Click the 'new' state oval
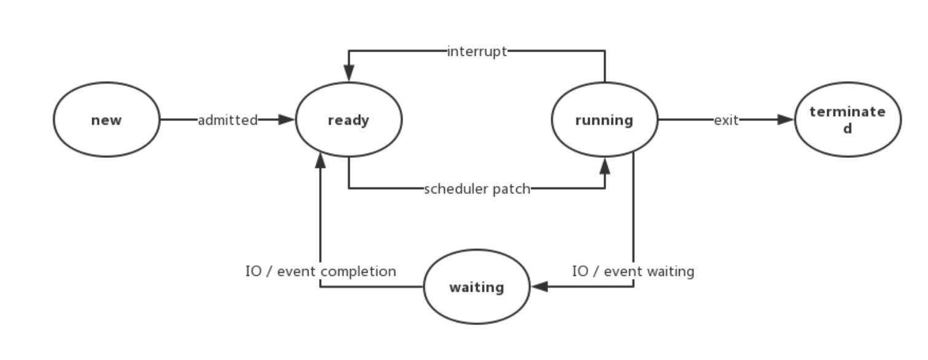click(106, 120)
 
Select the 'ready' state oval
click(348, 120)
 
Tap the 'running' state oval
click(604, 120)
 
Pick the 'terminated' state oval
click(847, 120)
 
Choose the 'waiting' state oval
click(476, 287)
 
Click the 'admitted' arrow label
click(227, 120)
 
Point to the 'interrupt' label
click(477, 52)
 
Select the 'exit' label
click(726, 120)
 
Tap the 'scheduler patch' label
click(476, 189)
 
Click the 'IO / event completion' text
click(320, 271)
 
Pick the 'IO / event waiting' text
click(633, 271)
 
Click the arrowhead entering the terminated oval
click(786, 120)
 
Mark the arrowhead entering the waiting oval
click(539, 287)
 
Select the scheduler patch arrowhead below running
click(605, 165)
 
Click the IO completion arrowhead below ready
click(320, 162)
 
